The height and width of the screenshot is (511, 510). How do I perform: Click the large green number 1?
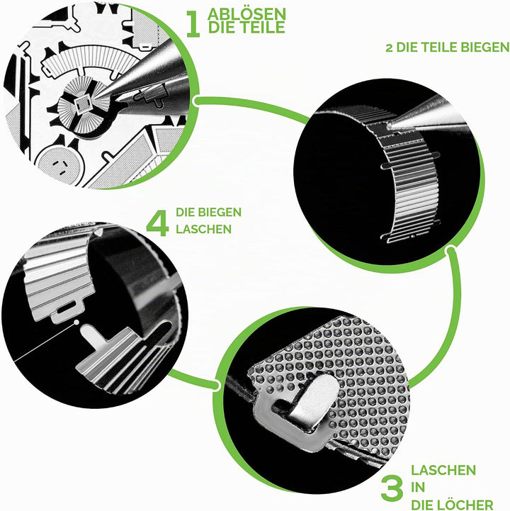pos(193,23)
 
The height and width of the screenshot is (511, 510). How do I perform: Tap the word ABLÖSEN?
pos(246,14)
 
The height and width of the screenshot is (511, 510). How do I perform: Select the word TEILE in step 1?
pos(263,28)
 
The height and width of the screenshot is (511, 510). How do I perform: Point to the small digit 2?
pos(389,48)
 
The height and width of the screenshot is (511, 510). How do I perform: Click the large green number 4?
pos(158,223)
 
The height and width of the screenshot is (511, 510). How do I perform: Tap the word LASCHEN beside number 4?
pos(204,229)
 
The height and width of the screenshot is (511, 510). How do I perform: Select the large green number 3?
pos(392,489)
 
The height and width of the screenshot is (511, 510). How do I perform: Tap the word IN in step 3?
pos(418,488)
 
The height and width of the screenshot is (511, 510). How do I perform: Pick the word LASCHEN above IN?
pos(443,471)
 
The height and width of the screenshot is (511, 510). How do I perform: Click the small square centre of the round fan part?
pos(81,103)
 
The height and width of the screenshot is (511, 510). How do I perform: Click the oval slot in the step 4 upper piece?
pos(67,308)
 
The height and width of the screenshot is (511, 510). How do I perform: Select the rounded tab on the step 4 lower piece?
pos(91,336)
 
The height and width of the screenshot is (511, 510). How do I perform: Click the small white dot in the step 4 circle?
pos(76,322)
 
